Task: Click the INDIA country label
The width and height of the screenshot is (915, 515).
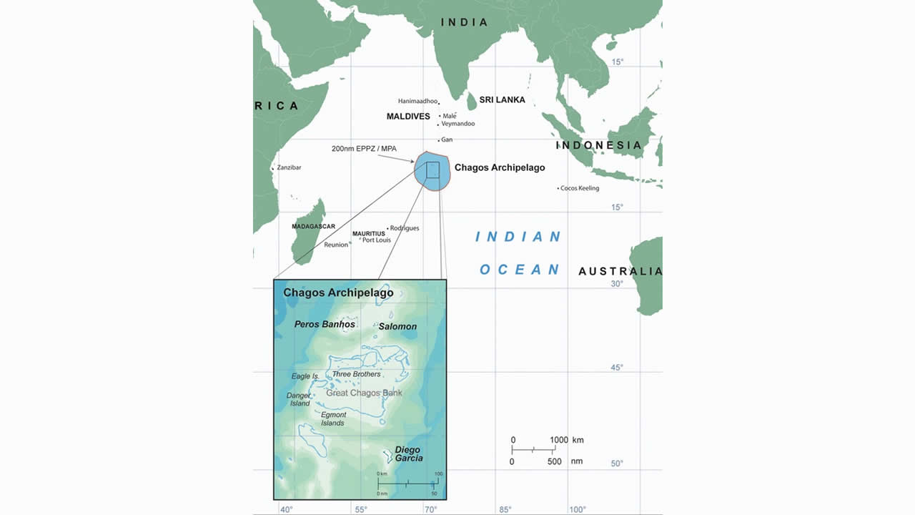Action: pos(464,22)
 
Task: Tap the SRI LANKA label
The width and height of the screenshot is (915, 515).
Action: pos(502,100)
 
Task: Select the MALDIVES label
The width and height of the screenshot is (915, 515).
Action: pos(408,117)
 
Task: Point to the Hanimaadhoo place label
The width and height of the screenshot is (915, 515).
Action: pos(417,102)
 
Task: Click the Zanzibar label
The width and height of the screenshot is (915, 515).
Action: pos(289,167)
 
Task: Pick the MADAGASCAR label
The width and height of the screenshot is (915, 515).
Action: pos(313,227)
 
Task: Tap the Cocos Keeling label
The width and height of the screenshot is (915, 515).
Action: pos(580,189)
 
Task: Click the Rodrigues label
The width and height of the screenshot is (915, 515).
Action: pos(405,228)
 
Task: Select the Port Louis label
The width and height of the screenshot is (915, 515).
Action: pos(377,240)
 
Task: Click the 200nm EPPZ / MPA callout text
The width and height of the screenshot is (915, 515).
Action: pos(364,149)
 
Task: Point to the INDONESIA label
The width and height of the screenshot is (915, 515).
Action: pos(599,145)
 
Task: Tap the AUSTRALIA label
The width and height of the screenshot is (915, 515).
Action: pos(620,271)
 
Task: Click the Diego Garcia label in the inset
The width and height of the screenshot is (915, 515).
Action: pos(409,454)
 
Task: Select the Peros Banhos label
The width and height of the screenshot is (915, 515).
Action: pos(325,324)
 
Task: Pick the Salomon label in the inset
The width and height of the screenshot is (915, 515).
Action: pos(397,326)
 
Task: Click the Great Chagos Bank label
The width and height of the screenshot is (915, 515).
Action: pos(364,393)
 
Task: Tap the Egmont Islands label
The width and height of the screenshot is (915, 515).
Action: pos(333,419)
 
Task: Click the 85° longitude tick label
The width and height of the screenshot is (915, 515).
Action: pos(505,509)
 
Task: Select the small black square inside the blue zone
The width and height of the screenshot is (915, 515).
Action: pos(432,170)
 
